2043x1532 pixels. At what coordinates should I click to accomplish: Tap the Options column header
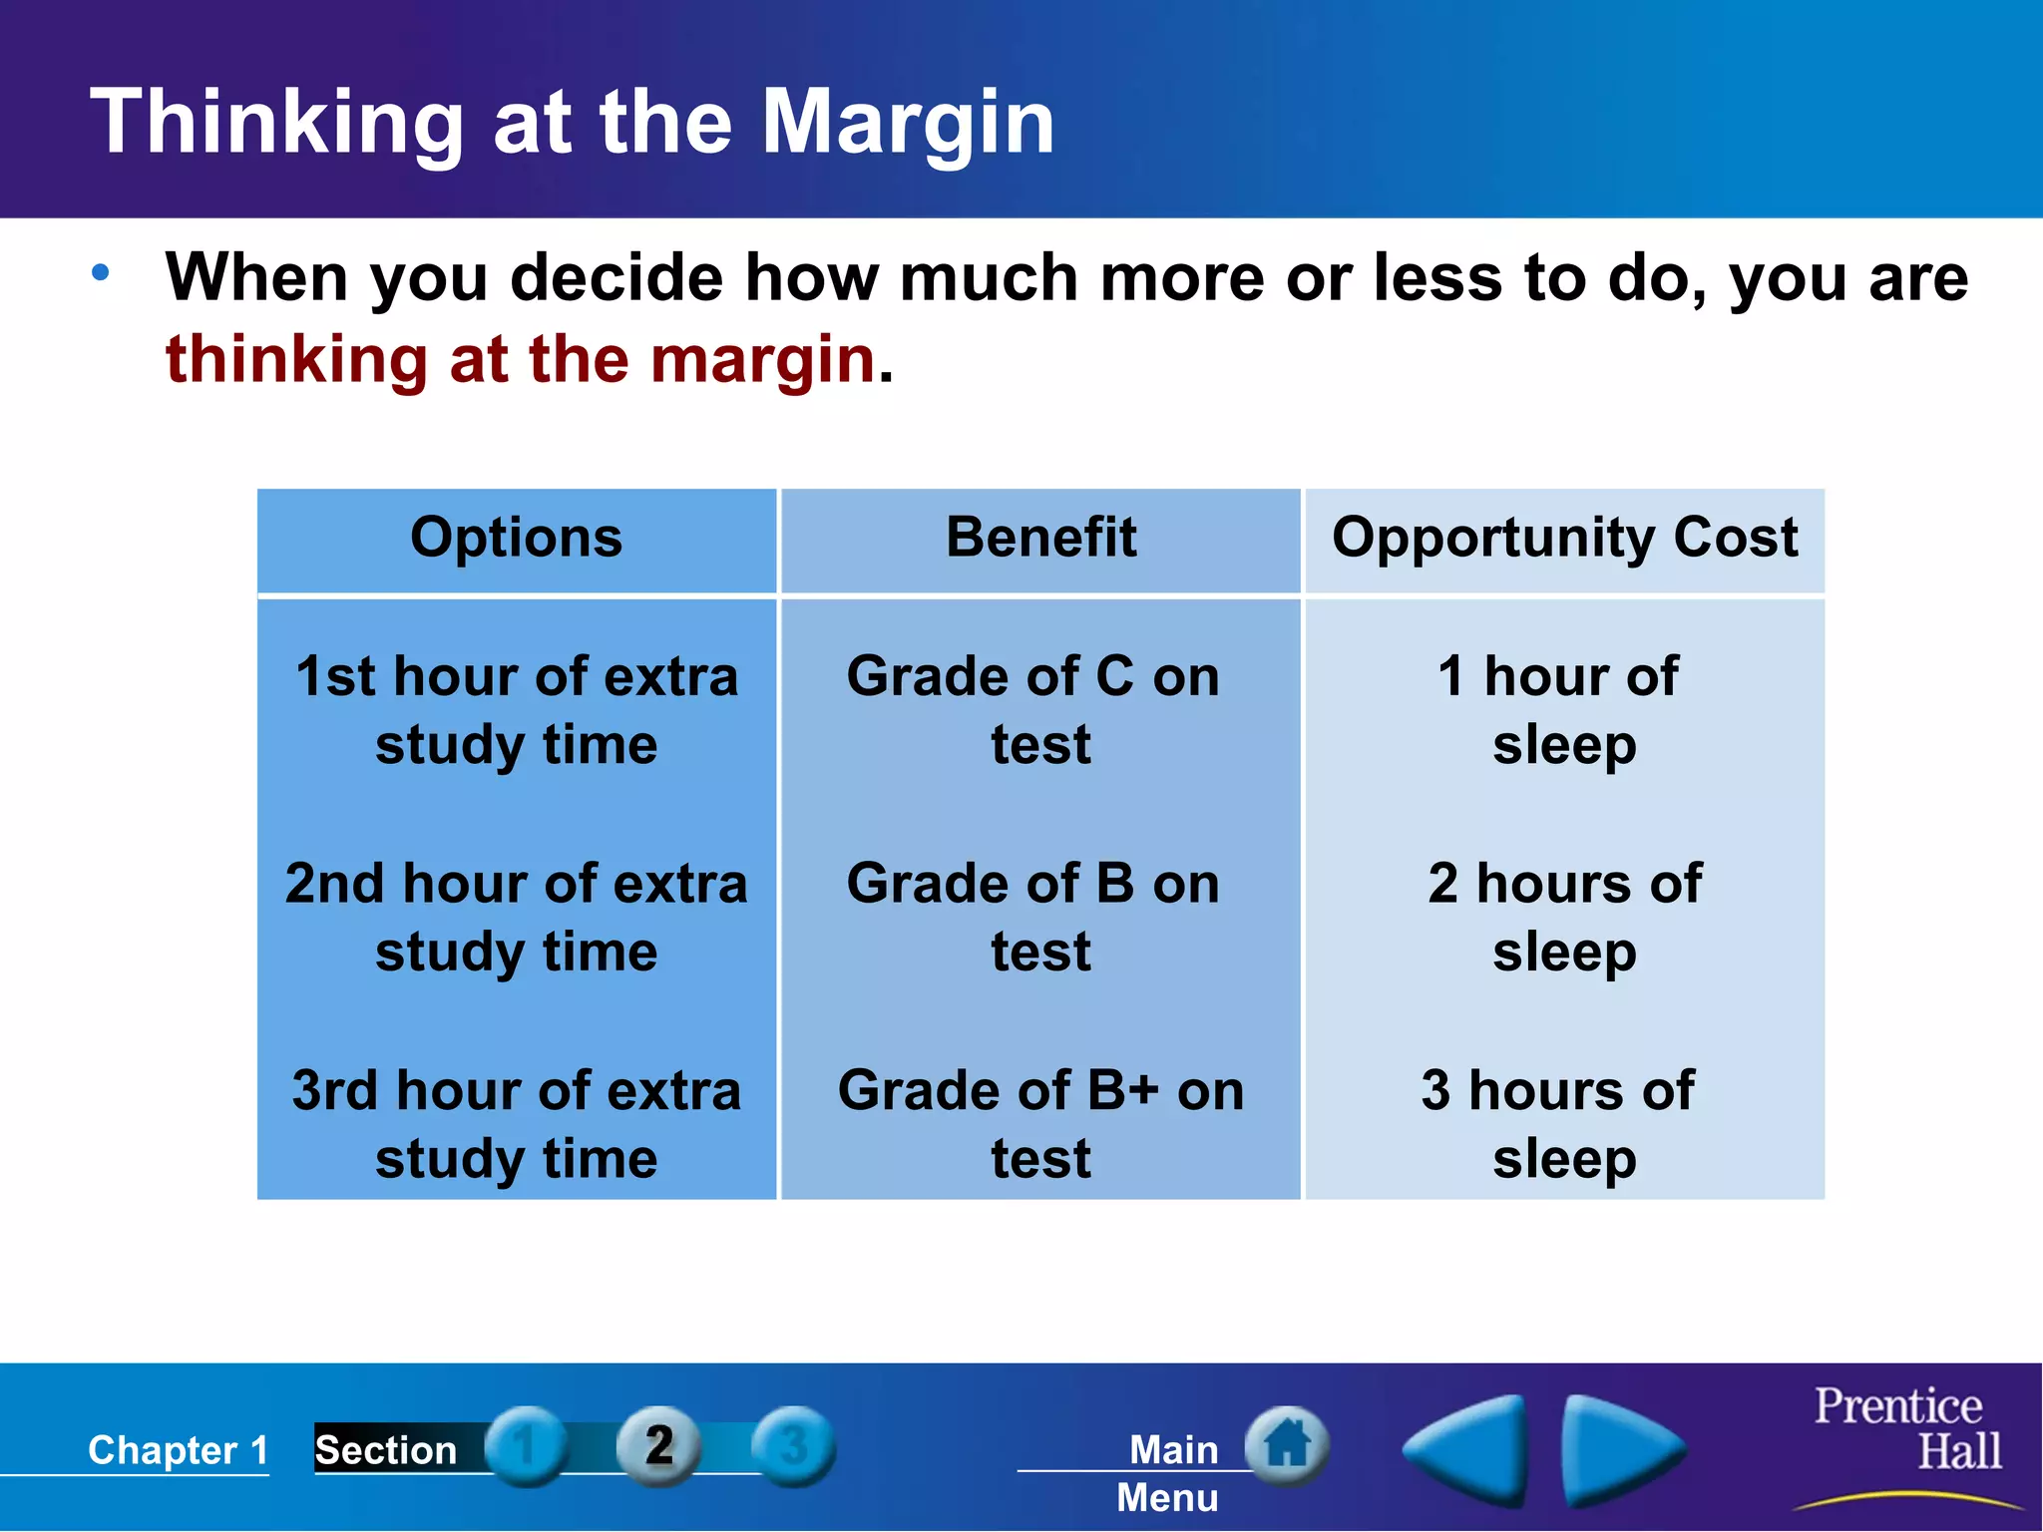[517, 539]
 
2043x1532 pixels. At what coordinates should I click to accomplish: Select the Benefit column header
[1040, 539]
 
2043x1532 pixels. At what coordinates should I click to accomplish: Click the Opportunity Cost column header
[1564, 539]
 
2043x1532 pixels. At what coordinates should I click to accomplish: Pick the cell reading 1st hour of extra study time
[517, 710]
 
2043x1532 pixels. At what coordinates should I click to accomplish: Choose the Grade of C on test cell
[1034, 710]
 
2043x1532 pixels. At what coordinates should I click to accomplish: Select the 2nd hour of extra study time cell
[517, 917]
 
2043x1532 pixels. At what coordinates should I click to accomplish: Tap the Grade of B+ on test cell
[1040, 1123]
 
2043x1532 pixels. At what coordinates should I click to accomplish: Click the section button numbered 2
[658, 1445]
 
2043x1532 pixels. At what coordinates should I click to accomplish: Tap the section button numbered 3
[793, 1445]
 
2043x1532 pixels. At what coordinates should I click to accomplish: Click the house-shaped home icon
[1287, 1443]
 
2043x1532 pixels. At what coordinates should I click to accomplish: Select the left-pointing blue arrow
[1468, 1449]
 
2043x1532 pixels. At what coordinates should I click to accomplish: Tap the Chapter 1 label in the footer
[179, 1449]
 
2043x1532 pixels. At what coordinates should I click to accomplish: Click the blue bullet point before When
[101, 272]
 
